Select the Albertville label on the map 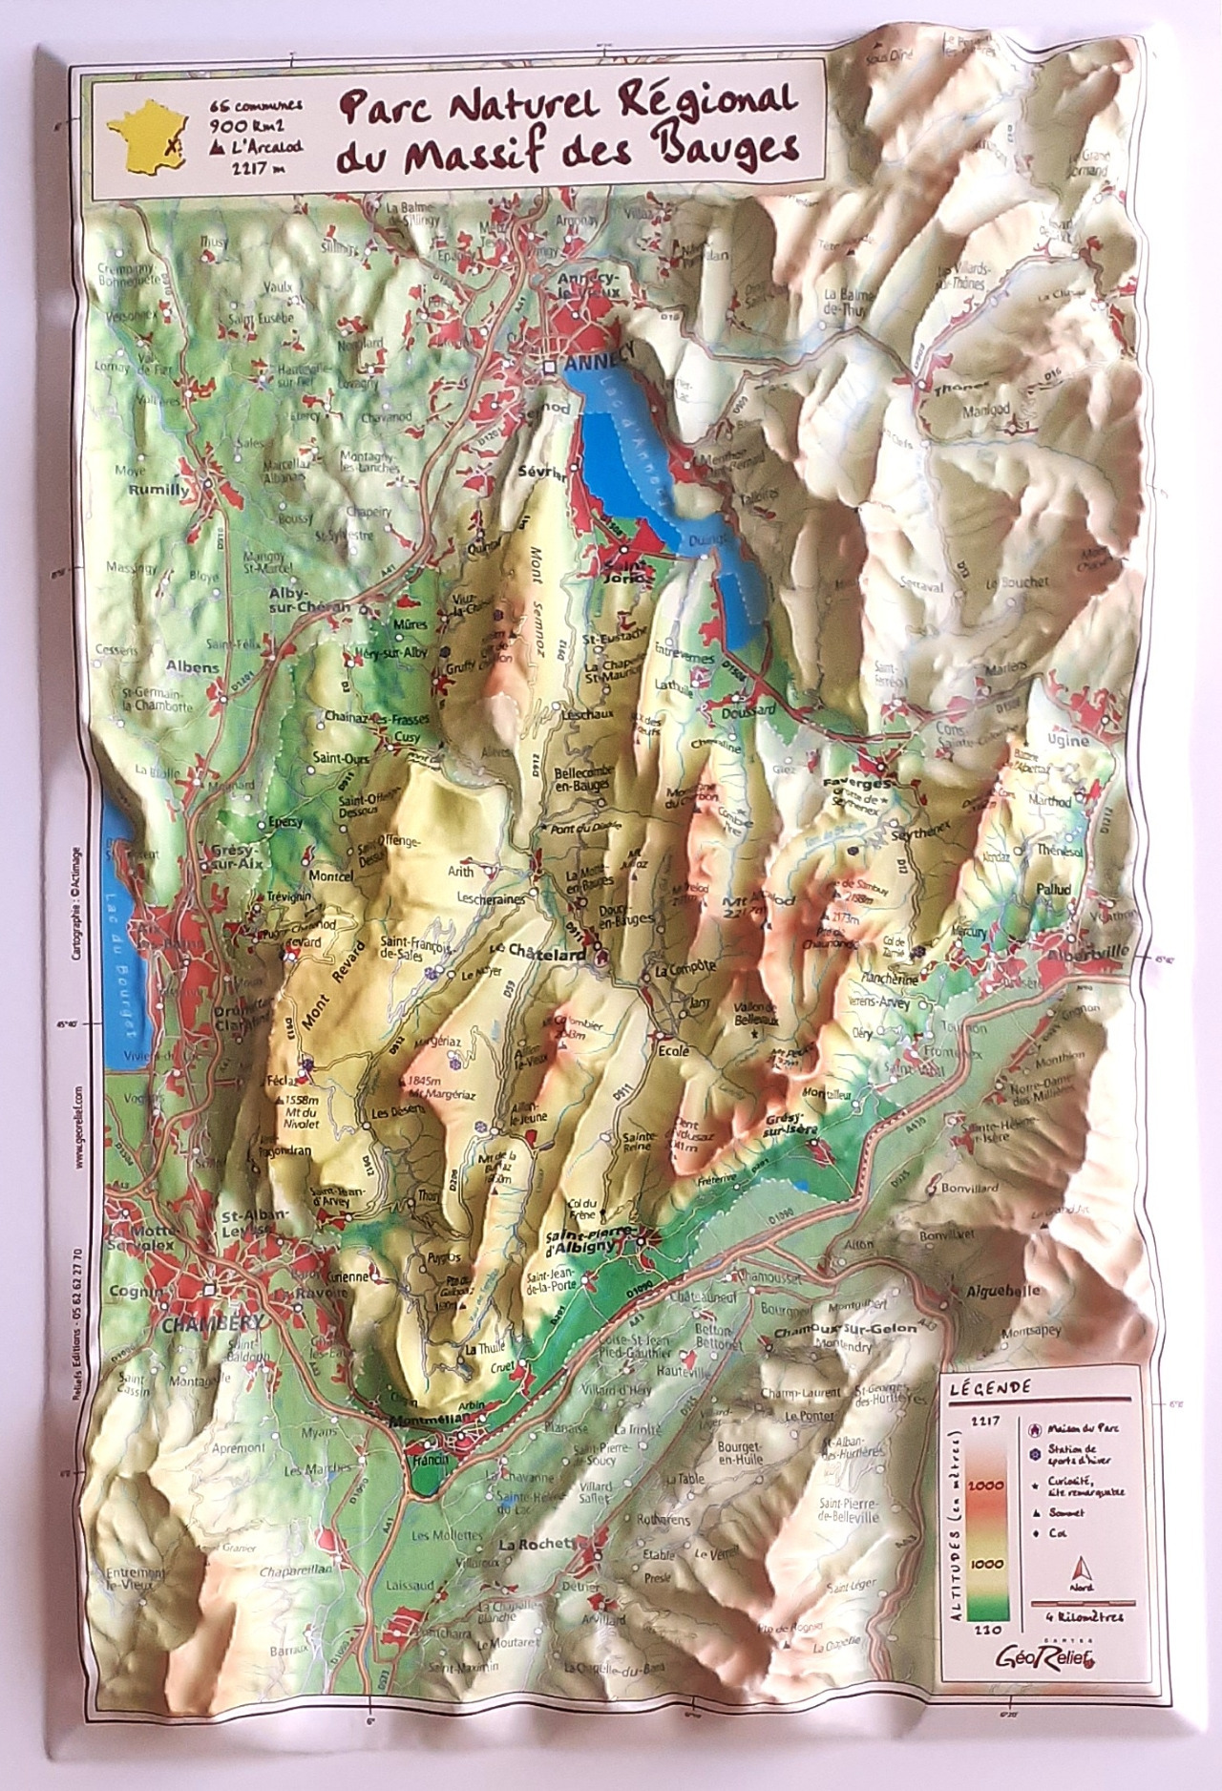[1087, 954]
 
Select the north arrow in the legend [1082, 1569]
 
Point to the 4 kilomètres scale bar [1082, 1603]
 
